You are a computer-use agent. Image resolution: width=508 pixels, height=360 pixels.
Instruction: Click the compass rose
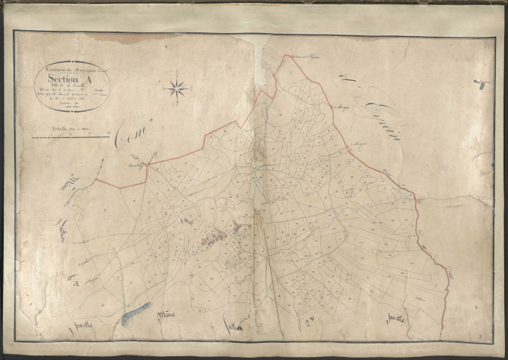(x=178, y=88)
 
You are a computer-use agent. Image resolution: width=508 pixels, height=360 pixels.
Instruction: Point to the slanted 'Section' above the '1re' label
(x=67, y=235)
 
